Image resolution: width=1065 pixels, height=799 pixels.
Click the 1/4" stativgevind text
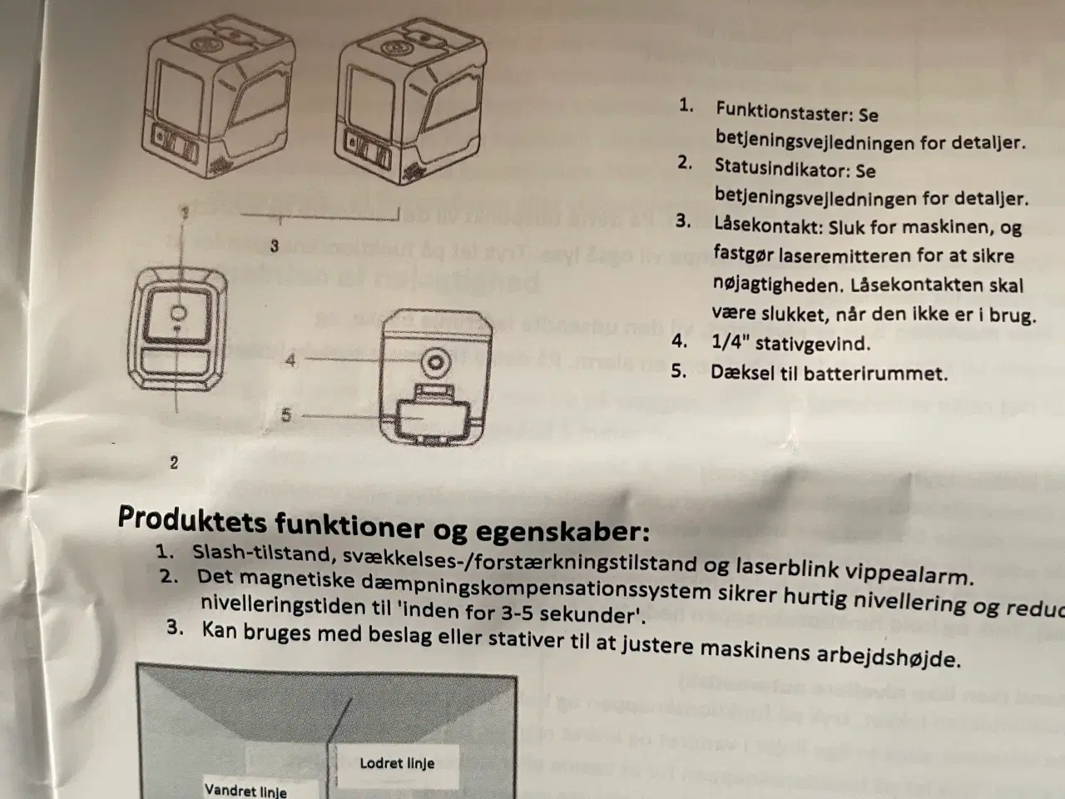point(790,342)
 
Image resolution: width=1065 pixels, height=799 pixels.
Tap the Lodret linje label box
point(397,763)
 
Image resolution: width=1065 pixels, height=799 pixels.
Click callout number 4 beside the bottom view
point(290,360)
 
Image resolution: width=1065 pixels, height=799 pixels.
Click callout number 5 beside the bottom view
point(286,414)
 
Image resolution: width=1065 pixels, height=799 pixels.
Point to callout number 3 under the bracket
point(274,246)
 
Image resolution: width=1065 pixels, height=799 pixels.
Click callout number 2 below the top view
point(174,463)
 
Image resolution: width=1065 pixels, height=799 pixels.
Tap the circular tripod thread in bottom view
point(434,361)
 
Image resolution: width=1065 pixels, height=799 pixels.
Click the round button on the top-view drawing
point(179,315)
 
